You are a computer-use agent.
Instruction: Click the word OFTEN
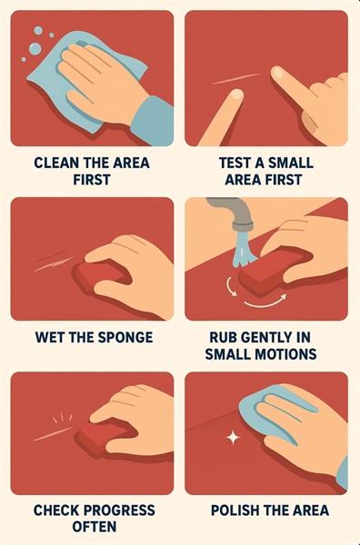[x=95, y=527]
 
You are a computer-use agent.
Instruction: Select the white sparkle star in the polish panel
[x=233, y=438]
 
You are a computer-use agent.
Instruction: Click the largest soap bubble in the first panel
[x=35, y=49]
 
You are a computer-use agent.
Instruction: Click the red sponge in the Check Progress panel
[x=102, y=439]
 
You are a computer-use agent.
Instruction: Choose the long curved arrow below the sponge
[x=266, y=303]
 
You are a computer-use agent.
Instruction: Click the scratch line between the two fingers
[x=235, y=79]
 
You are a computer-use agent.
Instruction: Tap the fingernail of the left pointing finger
[x=237, y=94]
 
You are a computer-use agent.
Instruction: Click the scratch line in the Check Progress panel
[x=52, y=434]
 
